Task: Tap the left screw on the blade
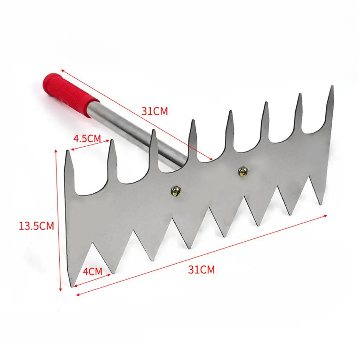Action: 176,191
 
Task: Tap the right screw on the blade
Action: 243,172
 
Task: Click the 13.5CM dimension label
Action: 36,226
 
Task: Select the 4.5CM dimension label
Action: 87,138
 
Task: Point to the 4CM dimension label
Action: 92,271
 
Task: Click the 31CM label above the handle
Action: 155,111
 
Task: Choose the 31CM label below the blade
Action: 201,269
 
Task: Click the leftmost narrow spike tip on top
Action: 68,151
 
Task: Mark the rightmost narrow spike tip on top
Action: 332,86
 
